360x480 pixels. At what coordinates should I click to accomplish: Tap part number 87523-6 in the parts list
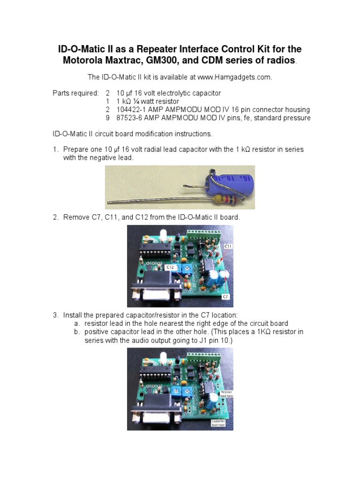tap(128, 118)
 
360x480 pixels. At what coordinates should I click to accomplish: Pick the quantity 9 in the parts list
tap(107, 118)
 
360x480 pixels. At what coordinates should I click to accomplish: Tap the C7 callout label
tap(226, 297)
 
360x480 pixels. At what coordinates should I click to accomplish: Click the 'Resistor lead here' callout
tap(225, 394)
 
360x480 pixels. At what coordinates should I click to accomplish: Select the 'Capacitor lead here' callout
tap(218, 423)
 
